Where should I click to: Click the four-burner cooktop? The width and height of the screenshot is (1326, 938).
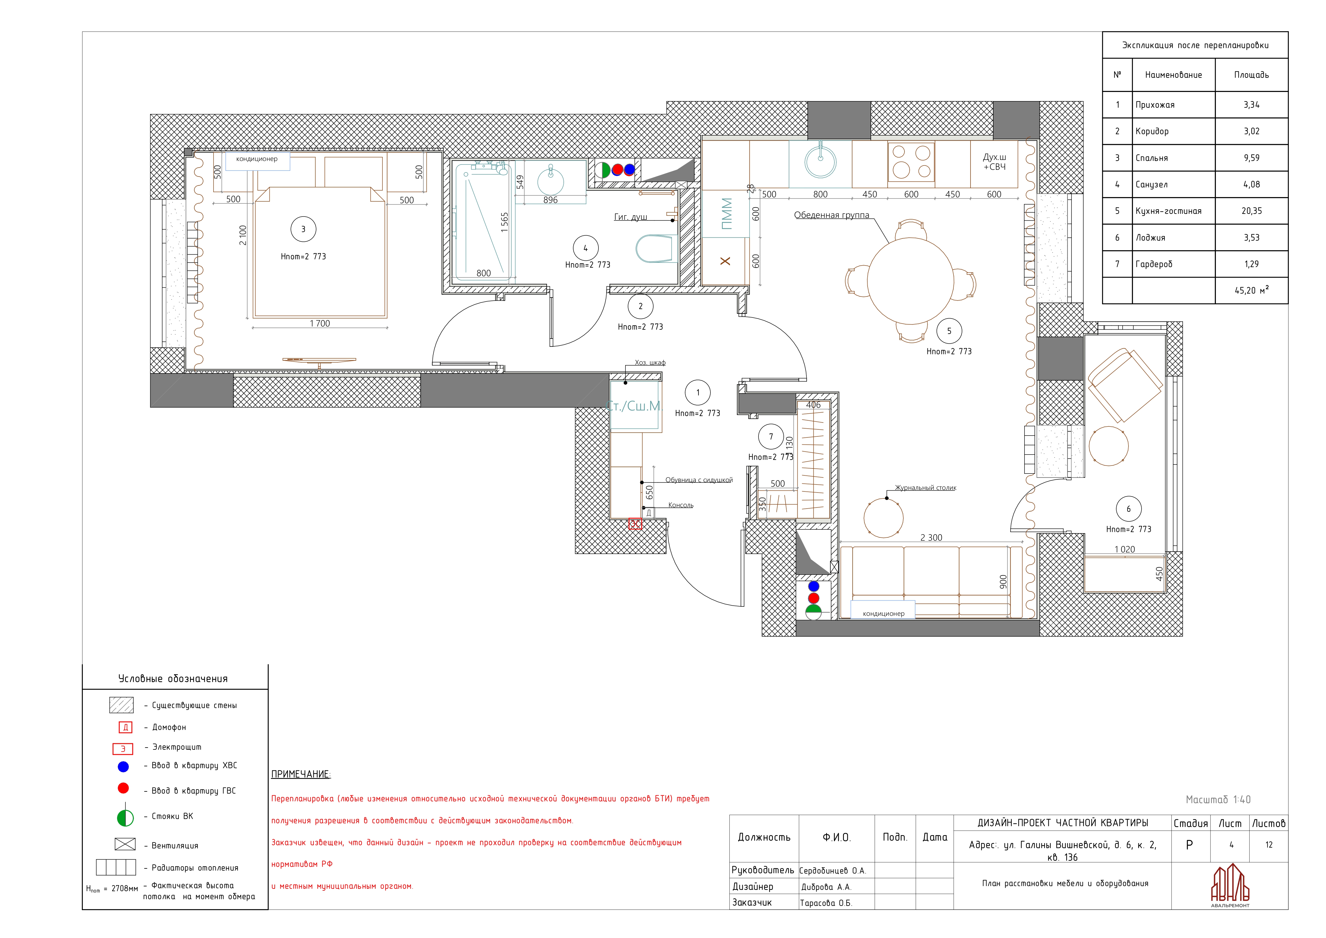911,162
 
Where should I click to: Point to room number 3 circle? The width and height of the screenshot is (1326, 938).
303,229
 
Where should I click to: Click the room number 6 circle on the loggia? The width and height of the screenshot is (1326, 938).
1128,509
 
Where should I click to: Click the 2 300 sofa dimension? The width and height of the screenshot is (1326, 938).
931,538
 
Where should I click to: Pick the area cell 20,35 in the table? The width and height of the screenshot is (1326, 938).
1251,211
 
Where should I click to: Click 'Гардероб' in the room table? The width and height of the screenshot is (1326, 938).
1154,264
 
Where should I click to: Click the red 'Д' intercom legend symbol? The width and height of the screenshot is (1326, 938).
125,727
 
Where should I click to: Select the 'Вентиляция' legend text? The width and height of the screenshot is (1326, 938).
175,845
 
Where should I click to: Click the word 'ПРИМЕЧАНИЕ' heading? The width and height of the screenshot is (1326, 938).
300,774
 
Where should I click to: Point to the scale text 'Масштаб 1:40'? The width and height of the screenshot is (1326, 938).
1218,799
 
